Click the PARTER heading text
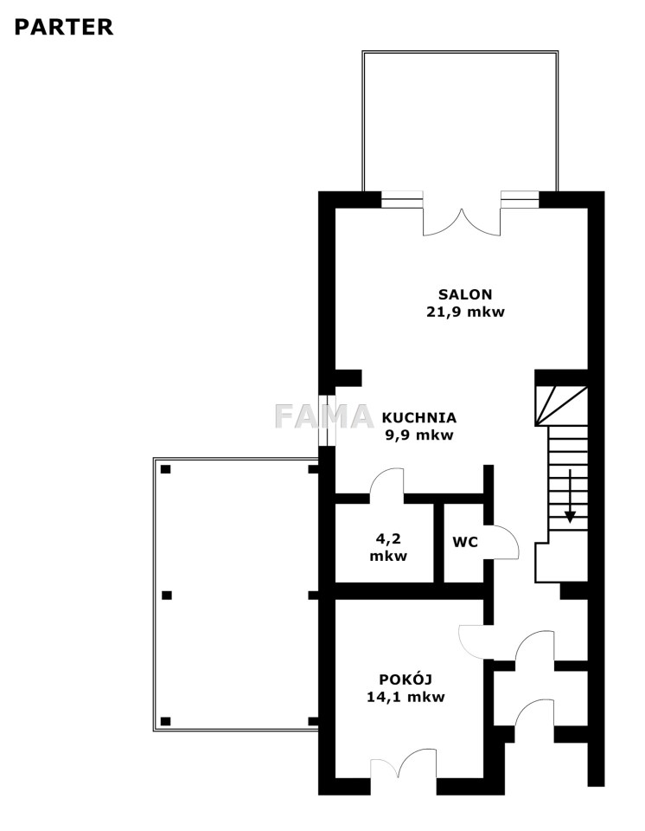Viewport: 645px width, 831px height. coord(63,27)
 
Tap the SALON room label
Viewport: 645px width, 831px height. coord(465,294)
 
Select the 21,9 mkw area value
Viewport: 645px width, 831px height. coord(465,312)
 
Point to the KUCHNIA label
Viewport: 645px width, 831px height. coord(418,417)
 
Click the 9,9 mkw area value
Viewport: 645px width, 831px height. coord(419,435)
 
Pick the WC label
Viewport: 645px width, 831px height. coord(465,542)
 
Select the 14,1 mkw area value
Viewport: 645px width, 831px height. coord(406,697)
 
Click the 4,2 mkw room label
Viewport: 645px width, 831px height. coord(388,547)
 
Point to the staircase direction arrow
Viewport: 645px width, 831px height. coord(570,495)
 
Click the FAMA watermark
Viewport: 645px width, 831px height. coord(324,416)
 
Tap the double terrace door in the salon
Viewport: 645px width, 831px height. coord(462,222)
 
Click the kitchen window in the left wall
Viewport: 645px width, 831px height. coord(327,421)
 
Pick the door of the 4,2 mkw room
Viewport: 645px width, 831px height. coord(386,483)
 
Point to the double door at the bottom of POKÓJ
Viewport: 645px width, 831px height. coord(404,763)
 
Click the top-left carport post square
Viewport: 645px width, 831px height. coord(166,469)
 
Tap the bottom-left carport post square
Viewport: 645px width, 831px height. coord(166,721)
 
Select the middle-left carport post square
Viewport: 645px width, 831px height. coord(166,596)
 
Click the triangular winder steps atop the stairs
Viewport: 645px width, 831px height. coord(561,405)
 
